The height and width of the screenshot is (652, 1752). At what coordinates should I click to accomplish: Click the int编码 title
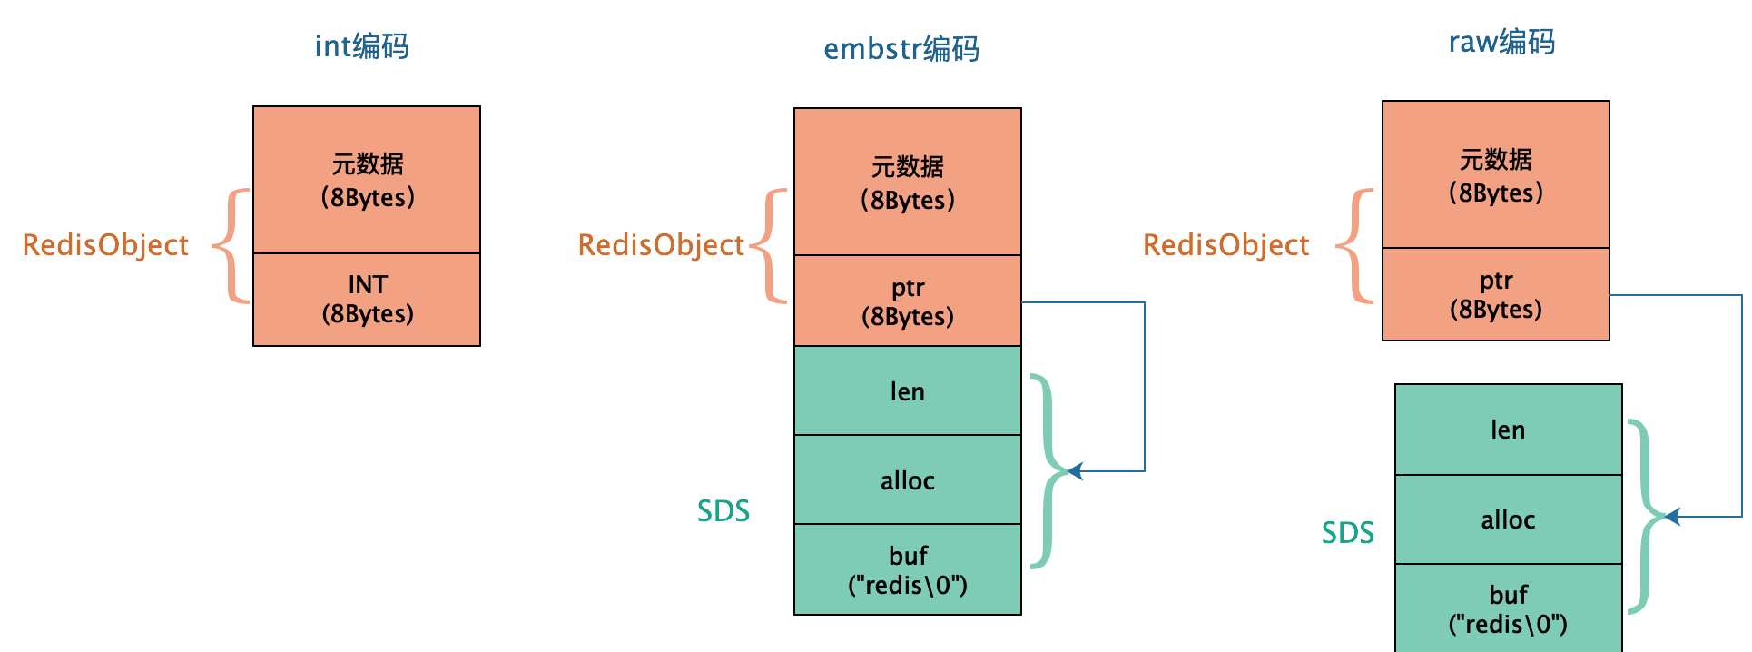tap(361, 46)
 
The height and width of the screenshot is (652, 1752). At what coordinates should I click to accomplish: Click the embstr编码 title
tap(901, 49)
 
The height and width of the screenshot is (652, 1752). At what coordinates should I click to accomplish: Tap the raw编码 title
tap(1501, 42)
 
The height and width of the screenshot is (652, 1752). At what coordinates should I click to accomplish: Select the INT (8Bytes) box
tap(367, 300)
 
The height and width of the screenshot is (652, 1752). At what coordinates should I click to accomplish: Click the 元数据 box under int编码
tap(367, 180)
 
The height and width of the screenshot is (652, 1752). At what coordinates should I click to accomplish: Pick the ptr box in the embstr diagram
tap(907, 301)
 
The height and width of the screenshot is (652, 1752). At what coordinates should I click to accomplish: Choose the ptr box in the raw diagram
tap(1495, 294)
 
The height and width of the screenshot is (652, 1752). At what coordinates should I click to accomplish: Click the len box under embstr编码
tap(907, 391)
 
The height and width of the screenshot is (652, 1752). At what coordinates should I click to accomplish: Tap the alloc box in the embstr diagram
tap(907, 480)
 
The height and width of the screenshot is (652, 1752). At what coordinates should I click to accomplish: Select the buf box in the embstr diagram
tap(907, 570)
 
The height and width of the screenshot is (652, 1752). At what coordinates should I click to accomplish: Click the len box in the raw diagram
tap(1508, 430)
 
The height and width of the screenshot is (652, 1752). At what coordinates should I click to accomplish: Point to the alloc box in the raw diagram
tap(1508, 519)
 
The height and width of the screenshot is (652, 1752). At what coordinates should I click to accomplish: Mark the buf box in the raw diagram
tap(1508, 608)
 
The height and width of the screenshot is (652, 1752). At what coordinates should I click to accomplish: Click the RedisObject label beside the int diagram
tap(105, 245)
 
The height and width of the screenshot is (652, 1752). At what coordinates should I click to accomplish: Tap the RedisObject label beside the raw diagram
tap(1225, 245)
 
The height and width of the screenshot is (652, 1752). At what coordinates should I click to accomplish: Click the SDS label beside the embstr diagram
tap(723, 511)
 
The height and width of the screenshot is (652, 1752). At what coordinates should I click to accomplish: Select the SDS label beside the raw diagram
tap(1347, 533)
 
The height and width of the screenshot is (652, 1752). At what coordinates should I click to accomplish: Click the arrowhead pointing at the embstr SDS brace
tap(1077, 471)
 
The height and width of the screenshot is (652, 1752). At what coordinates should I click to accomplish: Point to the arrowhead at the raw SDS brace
tap(1673, 517)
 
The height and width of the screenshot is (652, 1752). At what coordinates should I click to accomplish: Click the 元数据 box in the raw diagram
tap(1495, 175)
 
